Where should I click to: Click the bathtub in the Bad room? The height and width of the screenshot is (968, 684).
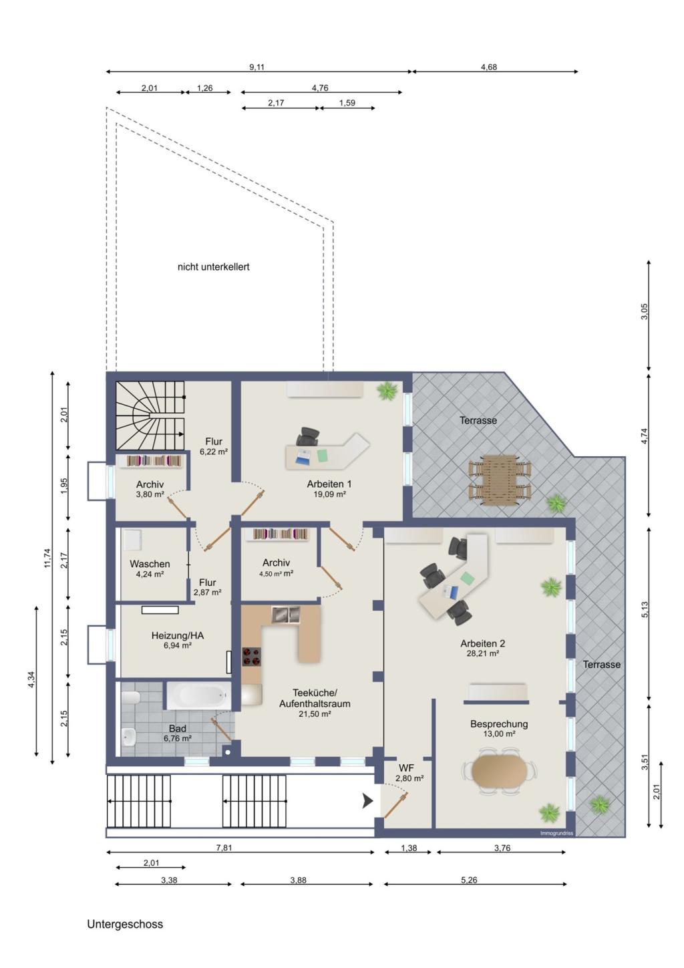click(x=199, y=695)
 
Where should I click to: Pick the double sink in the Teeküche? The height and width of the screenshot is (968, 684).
click(x=286, y=615)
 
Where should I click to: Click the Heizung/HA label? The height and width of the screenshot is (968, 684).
click(x=178, y=635)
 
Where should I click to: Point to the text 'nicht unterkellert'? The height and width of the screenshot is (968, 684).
click(x=214, y=267)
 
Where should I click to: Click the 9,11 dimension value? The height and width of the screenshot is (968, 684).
click(x=256, y=67)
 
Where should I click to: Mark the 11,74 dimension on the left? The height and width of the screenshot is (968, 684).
click(x=47, y=558)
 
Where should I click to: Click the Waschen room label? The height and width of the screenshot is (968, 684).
click(x=150, y=564)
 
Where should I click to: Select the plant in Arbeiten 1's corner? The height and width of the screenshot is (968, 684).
click(x=387, y=391)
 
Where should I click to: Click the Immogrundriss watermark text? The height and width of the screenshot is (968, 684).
click(x=556, y=833)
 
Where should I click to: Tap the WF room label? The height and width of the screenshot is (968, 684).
click(x=405, y=768)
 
